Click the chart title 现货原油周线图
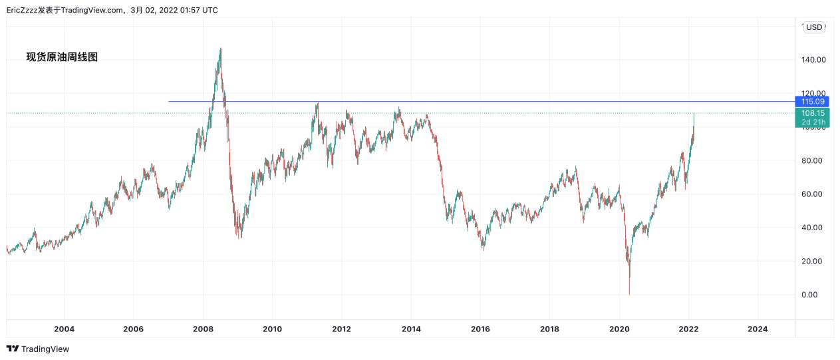(x=62, y=57)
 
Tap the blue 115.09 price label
(x=813, y=101)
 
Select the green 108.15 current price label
(x=813, y=113)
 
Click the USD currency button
(x=814, y=27)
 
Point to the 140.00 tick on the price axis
(x=813, y=60)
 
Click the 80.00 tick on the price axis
(x=813, y=160)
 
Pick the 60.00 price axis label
(x=813, y=194)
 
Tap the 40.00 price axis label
(x=813, y=228)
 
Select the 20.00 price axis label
(x=813, y=261)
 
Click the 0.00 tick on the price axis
(x=813, y=295)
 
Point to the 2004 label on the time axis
(x=64, y=329)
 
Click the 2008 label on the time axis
(x=203, y=329)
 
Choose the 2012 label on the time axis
(x=341, y=329)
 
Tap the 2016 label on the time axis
(x=480, y=329)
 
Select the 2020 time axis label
(x=619, y=329)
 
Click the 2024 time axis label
(x=758, y=329)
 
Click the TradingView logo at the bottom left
(x=38, y=349)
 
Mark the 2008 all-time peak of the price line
(x=220, y=49)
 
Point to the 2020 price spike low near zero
(x=629, y=293)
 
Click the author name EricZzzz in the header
(x=22, y=10)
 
